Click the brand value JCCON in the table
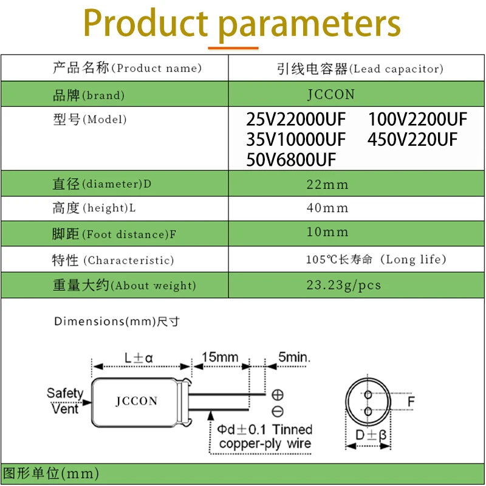pyautogui.click(x=330, y=95)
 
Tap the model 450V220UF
pyautogui.click(x=412, y=140)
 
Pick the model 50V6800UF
pyautogui.click(x=291, y=160)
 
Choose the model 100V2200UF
pyautogui.click(x=417, y=119)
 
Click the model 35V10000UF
pyautogui.click(x=296, y=140)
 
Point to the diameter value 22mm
pyautogui.click(x=327, y=184)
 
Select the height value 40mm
pyautogui.click(x=327, y=208)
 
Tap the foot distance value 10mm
pyautogui.click(x=327, y=231)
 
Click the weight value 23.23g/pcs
pyautogui.click(x=343, y=285)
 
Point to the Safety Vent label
pyautogui.click(x=64, y=400)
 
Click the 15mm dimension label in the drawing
pyautogui.click(x=220, y=357)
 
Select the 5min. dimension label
pyautogui.click(x=294, y=357)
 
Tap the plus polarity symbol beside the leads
pyautogui.click(x=277, y=394)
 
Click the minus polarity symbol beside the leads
pyautogui.click(x=277, y=411)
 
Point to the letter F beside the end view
pyautogui.click(x=411, y=402)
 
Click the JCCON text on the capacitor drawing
pyautogui.click(x=136, y=401)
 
